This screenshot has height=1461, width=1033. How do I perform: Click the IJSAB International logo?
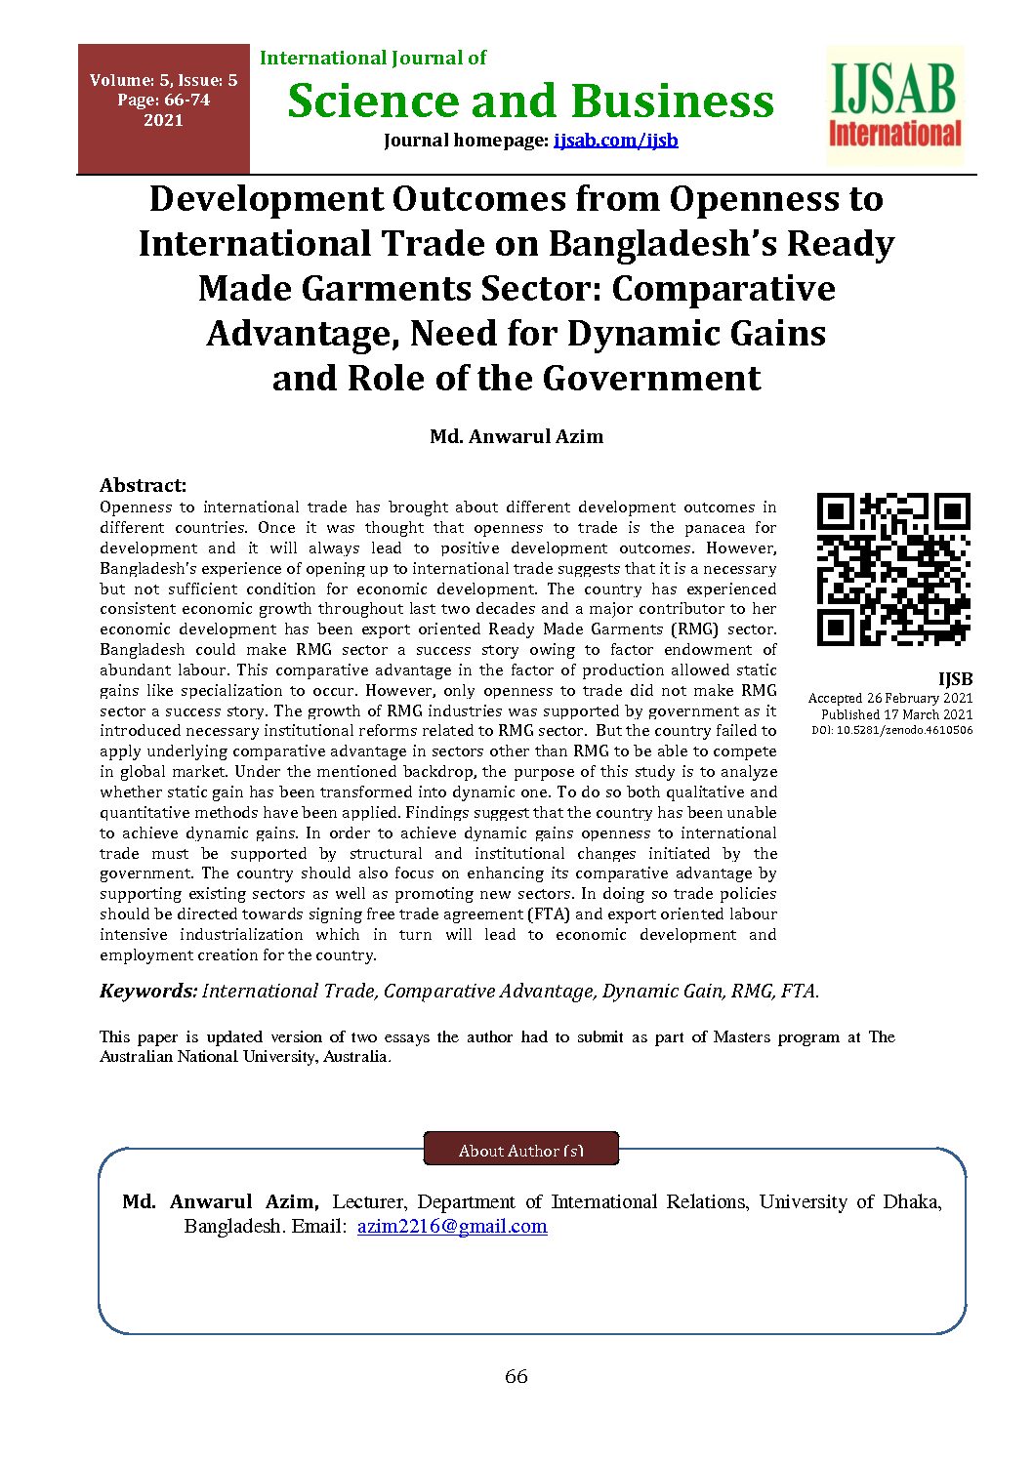point(895,105)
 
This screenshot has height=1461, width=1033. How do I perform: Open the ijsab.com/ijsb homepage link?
point(615,140)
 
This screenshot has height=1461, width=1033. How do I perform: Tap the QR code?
point(893,569)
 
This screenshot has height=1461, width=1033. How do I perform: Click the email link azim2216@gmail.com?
point(452,1226)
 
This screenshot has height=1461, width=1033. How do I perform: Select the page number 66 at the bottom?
point(516,1376)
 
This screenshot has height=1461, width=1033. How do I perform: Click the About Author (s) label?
point(521,1151)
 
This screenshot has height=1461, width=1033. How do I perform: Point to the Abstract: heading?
point(143,485)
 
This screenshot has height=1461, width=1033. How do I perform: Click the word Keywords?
point(148,991)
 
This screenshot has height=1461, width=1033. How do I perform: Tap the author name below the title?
point(516,436)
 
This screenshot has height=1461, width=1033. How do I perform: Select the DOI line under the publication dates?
point(892,730)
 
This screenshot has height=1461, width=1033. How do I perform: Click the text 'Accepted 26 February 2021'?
point(890,698)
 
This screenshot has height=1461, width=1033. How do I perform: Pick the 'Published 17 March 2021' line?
point(896,714)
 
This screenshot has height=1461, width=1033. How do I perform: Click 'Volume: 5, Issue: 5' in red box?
point(163,81)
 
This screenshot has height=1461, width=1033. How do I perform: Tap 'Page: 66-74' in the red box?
point(163,100)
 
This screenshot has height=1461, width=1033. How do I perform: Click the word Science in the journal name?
point(373,101)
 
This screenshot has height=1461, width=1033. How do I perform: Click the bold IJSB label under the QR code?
point(955,678)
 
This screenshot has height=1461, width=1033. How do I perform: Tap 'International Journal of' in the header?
point(373,58)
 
